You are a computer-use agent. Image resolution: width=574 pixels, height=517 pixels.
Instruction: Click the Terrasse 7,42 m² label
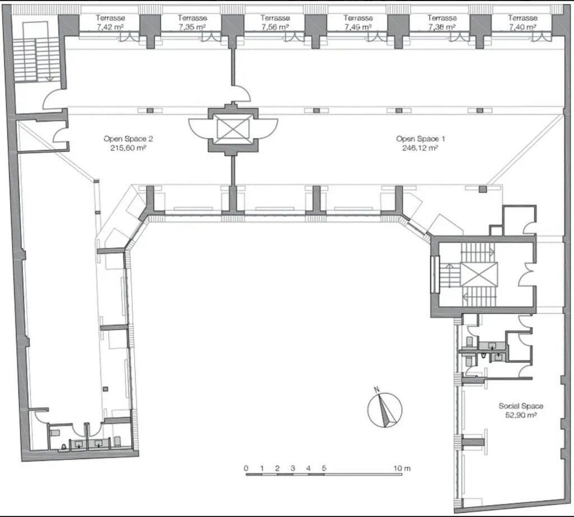pos(110,22)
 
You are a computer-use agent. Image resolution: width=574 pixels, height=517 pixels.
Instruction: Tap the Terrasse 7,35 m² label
pos(192,22)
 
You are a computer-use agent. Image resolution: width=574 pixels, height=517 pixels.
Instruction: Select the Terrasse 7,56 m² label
pos(275,22)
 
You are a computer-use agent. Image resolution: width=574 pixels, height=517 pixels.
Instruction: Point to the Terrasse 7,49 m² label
pos(358,22)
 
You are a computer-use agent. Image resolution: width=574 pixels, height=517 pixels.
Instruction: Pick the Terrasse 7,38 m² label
pos(442,22)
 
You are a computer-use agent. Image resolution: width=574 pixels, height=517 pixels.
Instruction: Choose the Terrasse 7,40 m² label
pos(522,22)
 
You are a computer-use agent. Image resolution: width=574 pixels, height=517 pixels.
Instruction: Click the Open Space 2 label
pos(128,139)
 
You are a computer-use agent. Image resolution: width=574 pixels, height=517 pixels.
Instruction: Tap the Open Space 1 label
pos(420,139)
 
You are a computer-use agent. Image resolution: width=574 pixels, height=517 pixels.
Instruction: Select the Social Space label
pos(521,405)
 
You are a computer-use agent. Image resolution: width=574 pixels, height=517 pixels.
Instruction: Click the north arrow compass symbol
pos(385,409)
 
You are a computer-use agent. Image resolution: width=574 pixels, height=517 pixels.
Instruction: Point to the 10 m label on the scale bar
pos(402,468)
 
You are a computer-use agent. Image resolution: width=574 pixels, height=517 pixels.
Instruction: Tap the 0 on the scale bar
pos(246,468)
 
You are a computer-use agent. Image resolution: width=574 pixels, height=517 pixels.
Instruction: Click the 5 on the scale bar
pos(324,468)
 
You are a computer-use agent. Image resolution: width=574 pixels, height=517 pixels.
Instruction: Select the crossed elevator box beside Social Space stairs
pos(479,275)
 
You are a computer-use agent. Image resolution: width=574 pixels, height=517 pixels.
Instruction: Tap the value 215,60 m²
pos(128,148)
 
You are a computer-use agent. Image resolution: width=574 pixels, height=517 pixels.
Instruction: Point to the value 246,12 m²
pos(420,148)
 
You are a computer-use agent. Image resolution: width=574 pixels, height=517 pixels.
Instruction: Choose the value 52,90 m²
pos(521,415)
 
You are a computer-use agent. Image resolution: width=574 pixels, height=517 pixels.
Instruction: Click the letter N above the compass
pos(376,389)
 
